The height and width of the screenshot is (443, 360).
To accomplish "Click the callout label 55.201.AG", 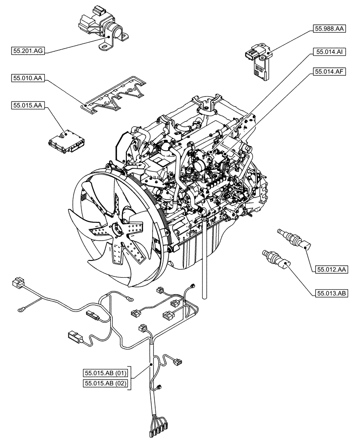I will point(27,52).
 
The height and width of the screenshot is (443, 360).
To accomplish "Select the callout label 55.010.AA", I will point(27,79).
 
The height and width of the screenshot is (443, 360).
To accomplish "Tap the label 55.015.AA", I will point(27,105).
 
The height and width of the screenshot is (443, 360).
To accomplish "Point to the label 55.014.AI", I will point(329,52).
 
